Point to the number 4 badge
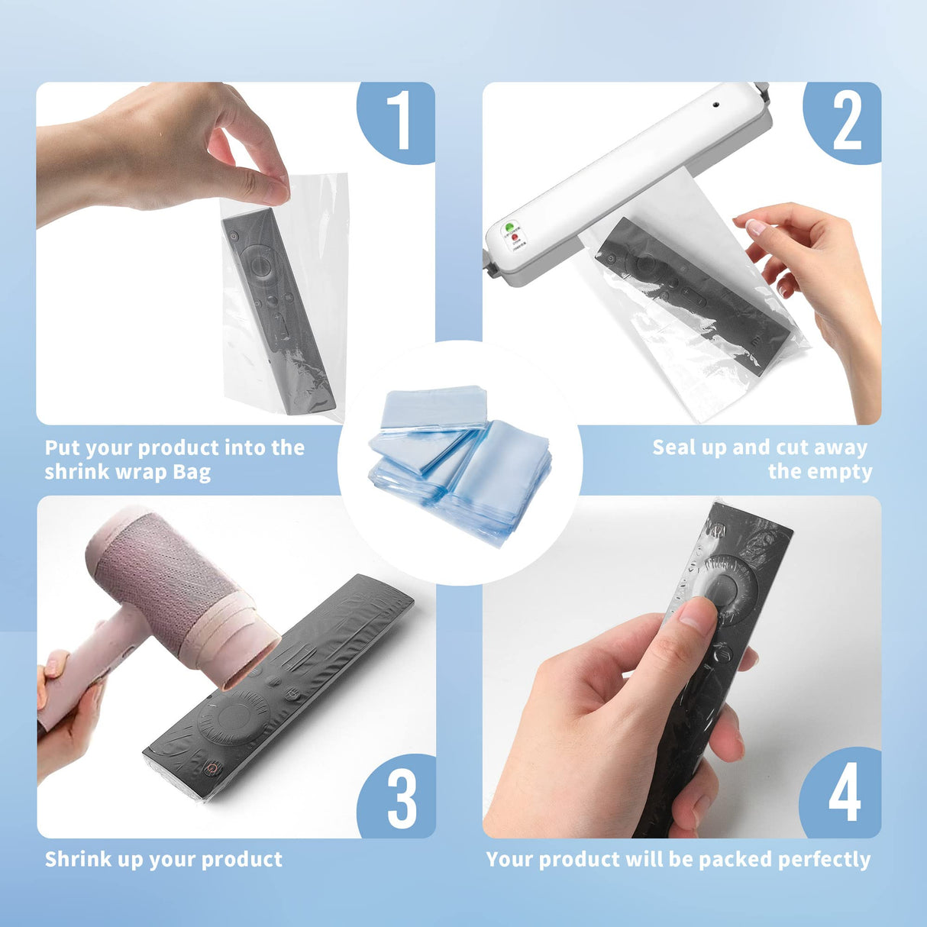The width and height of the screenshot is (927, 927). pyautogui.click(x=845, y=794)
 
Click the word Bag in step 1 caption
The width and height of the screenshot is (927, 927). pyautogui.click(x=192, y=473)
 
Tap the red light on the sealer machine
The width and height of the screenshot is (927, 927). pyautogui.click(x=516, y=238)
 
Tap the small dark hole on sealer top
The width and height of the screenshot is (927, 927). pyautogui.click(x=717, y=103)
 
